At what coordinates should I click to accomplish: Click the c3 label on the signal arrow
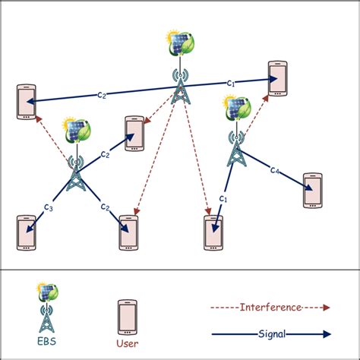[x=48, y=207]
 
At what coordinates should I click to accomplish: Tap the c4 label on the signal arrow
[x=276, y=171]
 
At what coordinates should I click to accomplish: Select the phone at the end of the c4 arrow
[x=313, y=191]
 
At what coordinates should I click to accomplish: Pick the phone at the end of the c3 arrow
[x=26, y=233]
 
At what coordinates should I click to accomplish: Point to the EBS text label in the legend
[x=47, y=342]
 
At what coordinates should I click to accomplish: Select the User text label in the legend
[x=127, y=342]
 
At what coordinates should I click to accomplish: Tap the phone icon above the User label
[x=127, y=317]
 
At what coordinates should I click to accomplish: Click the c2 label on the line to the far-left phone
[x=101, y=95]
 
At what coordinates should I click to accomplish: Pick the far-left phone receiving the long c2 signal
[x=27, y=103]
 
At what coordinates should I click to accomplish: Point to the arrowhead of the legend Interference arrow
[x=327, y=307]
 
